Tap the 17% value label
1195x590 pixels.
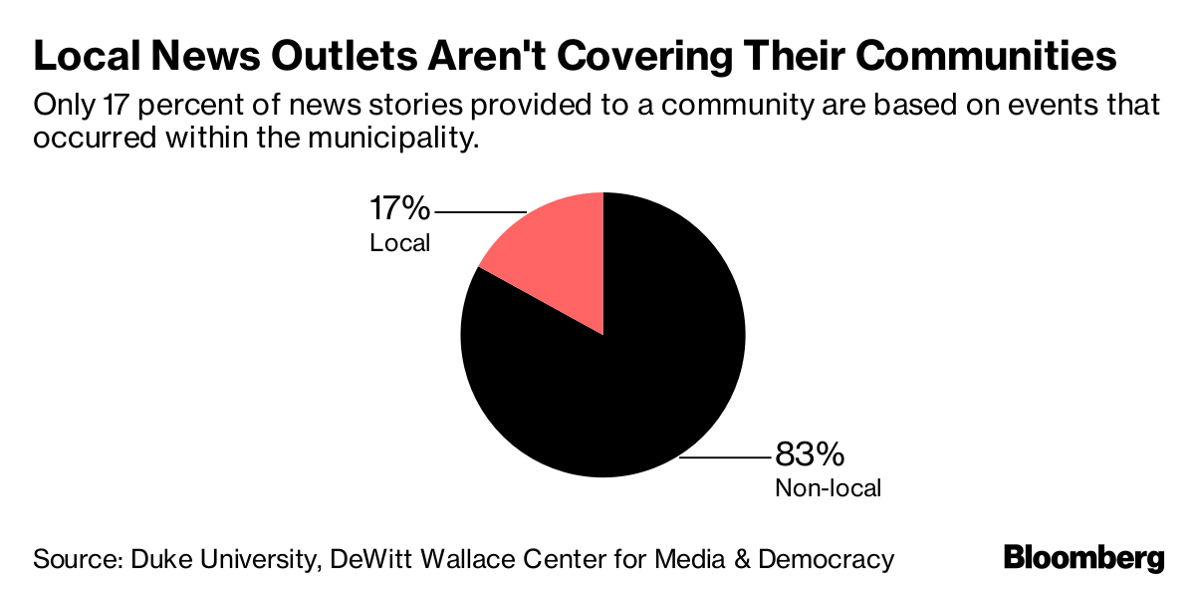click(399, 210)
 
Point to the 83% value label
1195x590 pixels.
click(810, 455)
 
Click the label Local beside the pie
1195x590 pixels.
click(399, 242)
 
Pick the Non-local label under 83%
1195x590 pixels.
click(828, 488)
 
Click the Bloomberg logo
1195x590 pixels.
click(1083, 557)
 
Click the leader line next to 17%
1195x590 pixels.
click(480, 212)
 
